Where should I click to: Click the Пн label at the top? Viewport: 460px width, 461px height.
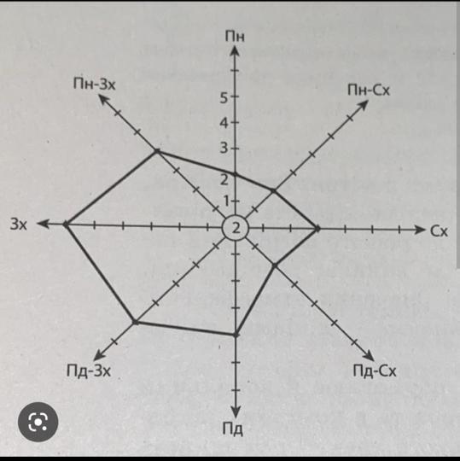(x=235, y=36)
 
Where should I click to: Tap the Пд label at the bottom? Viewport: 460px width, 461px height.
(x=232, y=429)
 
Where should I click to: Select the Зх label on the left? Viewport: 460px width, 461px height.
(x=19, y=224)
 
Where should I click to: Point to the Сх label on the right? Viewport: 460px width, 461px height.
(x=440, y=231)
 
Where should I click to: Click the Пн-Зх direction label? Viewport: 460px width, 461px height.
(x=95, y=85)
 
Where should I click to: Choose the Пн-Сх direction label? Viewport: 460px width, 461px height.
(x=369, y=90)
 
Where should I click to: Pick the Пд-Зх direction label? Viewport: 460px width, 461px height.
(x=89, y=371)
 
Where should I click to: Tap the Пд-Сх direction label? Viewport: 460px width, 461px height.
(x=375, y=371)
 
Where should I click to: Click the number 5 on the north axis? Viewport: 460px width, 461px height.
(x=224, y=98)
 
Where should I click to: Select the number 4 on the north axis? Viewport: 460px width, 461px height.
(x=224, y=123)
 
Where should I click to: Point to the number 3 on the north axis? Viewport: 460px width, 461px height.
(x=224, y=148)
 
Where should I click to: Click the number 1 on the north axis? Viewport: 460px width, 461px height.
(x=227, y=201)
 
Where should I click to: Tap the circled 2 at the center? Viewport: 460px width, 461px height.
(x=236, y=228)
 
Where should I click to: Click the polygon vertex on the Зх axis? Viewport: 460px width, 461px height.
(x=66, y=224)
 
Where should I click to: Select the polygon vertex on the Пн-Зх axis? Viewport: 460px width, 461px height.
(x=157, y=151)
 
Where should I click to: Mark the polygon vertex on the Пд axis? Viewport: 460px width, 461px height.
(x=236, y=335)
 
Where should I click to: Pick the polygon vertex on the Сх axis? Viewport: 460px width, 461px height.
(x=317, y=229)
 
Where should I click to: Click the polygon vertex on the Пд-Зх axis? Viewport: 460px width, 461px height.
(x=135, y=322)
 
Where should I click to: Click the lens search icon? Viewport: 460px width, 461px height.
(x=38, y=422)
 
